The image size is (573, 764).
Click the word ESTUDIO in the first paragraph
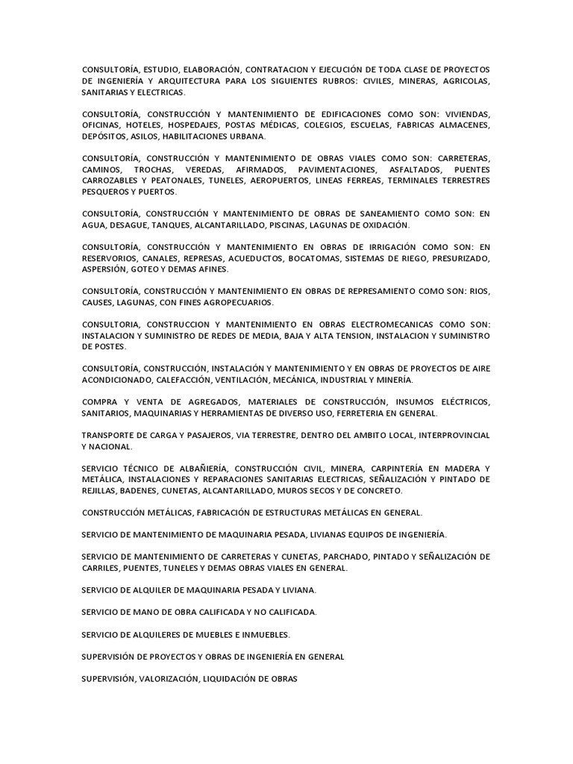163,69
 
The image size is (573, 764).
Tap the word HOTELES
143,125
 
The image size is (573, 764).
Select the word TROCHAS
153,170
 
